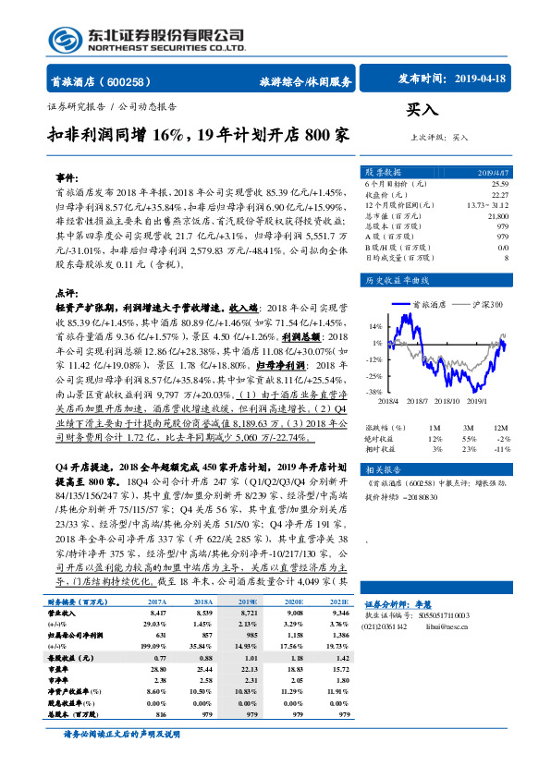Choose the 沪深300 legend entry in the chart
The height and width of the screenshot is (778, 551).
(x=483, y=303)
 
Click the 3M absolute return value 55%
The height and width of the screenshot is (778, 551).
(x=468, y=438)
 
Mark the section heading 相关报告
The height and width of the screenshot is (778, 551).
(x=383, y=469)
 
